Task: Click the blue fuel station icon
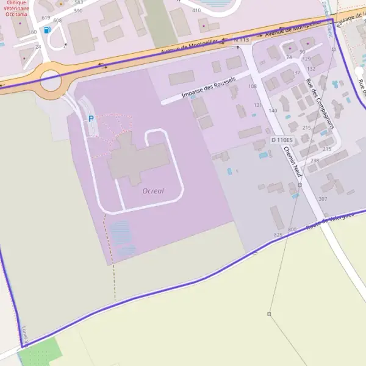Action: tap(48, 30)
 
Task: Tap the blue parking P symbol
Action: tap(91, 119)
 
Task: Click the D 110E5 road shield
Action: tap(282, 140)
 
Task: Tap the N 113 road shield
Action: tap(242, 40)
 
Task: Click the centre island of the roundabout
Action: tap(51, 80)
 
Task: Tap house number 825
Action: tap(278, 235)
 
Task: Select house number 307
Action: tap(323, 199)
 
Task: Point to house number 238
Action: tap(314, 160)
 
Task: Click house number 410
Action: tap(196, 11)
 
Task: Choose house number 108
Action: tap(253, 86)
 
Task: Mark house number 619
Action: tap(46, 18)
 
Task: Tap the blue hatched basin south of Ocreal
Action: tap(122, 237)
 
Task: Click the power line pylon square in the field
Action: tap(269, 314)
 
